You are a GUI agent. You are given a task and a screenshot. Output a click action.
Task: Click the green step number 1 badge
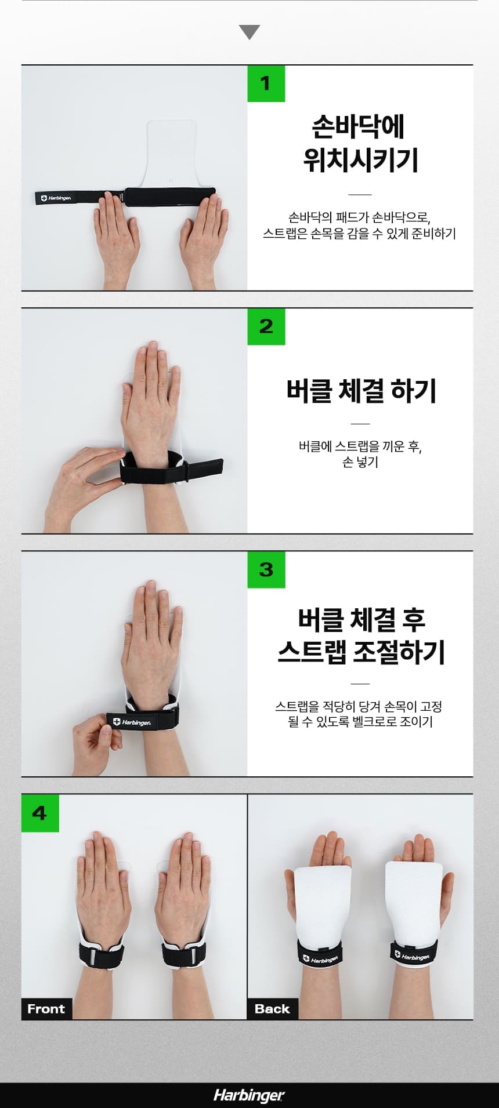266,83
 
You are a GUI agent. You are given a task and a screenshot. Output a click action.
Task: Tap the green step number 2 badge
266,326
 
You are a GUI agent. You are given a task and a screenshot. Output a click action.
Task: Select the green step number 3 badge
266,569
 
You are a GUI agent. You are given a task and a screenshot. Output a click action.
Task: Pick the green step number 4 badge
40,813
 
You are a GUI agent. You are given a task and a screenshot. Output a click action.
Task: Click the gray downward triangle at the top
249,32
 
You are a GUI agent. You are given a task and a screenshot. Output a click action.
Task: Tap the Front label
46,1009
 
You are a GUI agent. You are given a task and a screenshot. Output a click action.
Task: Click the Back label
272,1009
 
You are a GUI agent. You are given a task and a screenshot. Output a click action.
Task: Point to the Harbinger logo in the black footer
249,1095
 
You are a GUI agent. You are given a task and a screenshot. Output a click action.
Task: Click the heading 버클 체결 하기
361,391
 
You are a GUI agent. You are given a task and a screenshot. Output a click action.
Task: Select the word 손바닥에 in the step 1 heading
359,126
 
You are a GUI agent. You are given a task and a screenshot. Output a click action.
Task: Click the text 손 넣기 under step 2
360,462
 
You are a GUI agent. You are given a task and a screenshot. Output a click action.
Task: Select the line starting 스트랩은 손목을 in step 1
359,234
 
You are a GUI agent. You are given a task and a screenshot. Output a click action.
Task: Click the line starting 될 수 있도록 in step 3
360,722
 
